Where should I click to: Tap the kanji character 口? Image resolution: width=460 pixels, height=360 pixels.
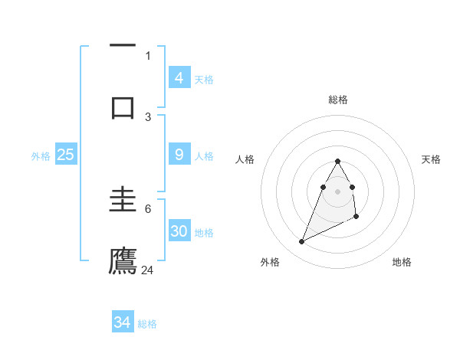[x=123, y=106]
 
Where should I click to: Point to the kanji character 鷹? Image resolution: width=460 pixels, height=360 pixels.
[x=123, y=261]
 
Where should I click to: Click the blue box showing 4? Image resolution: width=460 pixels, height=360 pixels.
[x=179, y=77]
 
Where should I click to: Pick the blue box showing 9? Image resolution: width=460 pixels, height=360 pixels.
[x=179, y=155]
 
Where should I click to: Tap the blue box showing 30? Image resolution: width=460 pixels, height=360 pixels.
[x=179, y=231]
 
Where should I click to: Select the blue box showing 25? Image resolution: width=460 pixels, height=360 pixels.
[x=66, y=155]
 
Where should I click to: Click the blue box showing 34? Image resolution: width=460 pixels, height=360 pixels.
[x=123, y=322]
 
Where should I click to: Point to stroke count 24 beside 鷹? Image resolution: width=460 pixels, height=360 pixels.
[x=148, y=270]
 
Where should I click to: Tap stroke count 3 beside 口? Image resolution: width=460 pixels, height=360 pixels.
[x=148, y=116]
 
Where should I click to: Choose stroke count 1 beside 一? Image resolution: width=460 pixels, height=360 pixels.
[x=148, y=55]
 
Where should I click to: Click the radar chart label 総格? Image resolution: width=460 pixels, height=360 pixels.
[x=338, y=100]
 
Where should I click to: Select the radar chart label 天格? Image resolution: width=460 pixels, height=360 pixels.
[x=432, y=159]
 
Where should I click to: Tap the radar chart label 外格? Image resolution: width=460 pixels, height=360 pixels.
[x=269, y=262]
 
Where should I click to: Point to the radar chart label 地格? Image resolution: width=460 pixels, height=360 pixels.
[x=402, y=262]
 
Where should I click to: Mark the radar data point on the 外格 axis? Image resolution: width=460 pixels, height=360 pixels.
[x=301, y=242]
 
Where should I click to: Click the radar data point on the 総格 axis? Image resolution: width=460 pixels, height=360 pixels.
[x=338, y=161]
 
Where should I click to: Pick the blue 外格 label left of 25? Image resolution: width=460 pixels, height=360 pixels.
[x=41, y=155]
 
